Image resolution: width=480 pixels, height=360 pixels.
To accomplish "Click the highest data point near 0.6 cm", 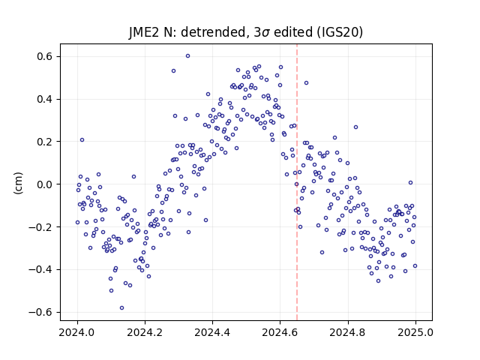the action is [188, 56].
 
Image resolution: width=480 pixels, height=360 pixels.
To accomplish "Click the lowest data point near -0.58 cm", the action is [121, 308].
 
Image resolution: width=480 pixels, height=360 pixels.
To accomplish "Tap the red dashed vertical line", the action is [297, 182].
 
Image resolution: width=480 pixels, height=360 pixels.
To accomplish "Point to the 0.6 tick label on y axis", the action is [45, 57].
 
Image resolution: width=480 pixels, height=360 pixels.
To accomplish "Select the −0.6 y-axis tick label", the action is [40, 312].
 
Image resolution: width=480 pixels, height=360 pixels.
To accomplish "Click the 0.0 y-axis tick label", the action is [45, 184].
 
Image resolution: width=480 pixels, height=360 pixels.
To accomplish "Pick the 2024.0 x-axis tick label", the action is [77, 332].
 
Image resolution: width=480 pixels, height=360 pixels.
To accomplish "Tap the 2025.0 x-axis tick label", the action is [415, 332].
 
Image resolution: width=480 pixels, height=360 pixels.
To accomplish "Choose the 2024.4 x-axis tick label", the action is [212, 332].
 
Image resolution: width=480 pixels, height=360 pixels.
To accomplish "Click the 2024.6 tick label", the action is [280, 332].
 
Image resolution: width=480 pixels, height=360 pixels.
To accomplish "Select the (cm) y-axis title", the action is [18, 183].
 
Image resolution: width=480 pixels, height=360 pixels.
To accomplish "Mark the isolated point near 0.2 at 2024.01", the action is [82, 140].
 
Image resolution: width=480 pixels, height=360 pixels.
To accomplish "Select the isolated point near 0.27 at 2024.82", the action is [355, 127].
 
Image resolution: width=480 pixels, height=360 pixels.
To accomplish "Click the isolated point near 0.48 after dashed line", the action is [306, 83].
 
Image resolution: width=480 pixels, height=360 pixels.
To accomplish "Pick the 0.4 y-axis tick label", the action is [45, 99].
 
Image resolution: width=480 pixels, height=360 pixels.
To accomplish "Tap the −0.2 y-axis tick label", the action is [40, 226].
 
